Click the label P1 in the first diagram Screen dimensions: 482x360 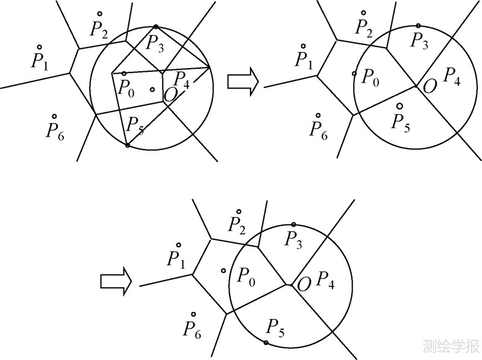tap(39, 60)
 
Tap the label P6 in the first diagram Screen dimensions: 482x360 tap(55, 130)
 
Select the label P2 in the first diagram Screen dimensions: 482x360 tap(99, 28)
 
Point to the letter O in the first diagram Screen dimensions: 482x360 tap(171, 93)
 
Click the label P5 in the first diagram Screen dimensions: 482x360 tap(134, 125)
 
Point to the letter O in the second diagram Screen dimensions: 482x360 tap(430, 86)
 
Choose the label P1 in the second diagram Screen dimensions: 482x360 tap(304, 60)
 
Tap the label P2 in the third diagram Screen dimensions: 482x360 tap(237, 225)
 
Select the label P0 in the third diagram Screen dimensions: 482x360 tap(246, 276)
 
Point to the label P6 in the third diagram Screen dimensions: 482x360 tap(193, 329)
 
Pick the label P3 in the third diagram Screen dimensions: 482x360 tap(293, 239)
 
